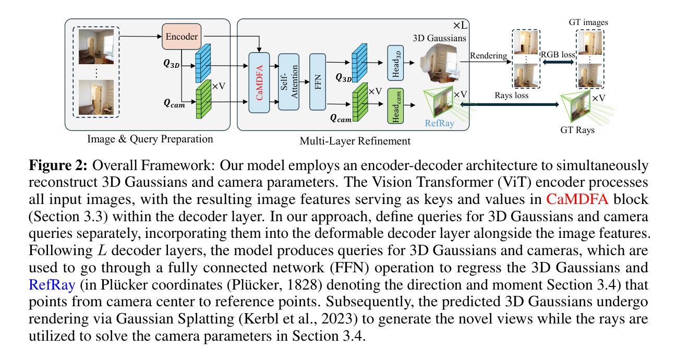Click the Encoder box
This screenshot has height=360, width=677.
[182, 37]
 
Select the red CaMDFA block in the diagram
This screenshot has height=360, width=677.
[259, 82]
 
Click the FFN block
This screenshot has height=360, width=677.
[318, 81]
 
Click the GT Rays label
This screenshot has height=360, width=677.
[576, 130]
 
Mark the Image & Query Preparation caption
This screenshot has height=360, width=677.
[150, 139]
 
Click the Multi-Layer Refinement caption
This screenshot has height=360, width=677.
[355, 141]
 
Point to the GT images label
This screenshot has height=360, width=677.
[589, 22]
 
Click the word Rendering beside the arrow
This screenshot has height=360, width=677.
[488, 55]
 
